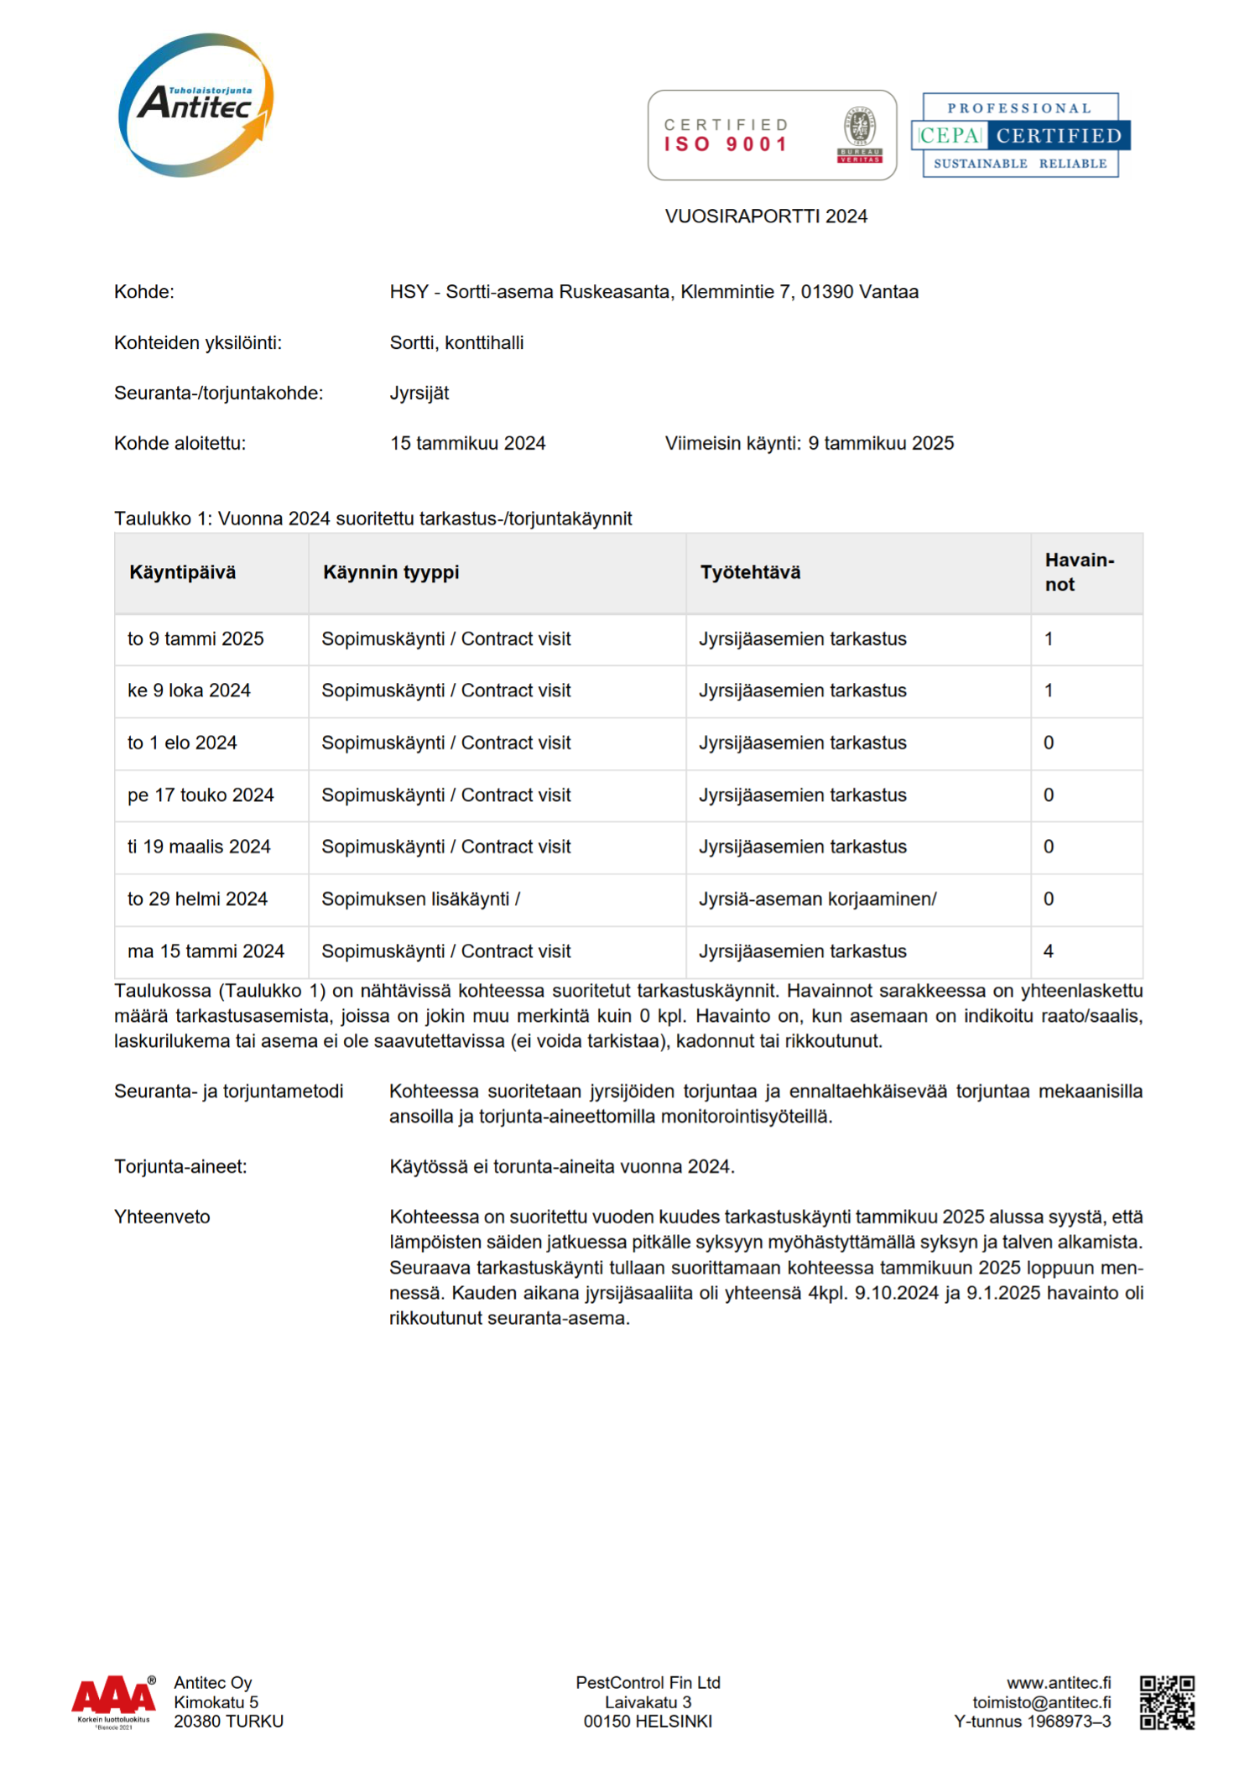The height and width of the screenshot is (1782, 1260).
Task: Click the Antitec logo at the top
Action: [x=195, y=105]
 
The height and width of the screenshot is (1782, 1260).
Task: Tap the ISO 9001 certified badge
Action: [x=772, y=135]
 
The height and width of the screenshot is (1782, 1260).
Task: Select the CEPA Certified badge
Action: [x=1021, y=135]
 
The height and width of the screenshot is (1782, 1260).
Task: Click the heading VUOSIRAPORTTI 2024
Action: [x=766, y=216]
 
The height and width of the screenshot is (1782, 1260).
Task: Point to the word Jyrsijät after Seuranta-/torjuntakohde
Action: [x=419, y=393]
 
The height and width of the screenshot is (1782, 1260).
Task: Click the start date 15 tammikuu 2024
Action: [x=467, y=443]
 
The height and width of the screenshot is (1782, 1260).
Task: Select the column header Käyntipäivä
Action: [x=182, y=572]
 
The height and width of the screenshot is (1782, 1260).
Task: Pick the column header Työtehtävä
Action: [x=750, y=572]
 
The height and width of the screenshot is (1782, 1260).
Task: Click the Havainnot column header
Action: [x=1079, y=572]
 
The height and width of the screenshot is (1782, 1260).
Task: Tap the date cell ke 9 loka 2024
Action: [x=189, y=690]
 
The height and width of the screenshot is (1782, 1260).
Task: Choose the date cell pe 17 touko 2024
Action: [x=200, y=795]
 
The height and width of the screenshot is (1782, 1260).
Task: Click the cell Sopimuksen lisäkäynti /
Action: [x=420, y=899]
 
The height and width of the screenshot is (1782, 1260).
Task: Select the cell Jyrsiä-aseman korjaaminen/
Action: [x=817, y=899]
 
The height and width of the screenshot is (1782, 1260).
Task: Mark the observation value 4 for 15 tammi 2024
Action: [x=1048, y=951]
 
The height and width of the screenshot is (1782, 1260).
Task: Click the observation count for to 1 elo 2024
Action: [x=1048, y=742]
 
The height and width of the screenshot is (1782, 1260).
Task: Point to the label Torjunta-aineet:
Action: [x=180, y=1166]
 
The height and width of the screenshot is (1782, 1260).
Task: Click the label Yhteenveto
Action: [x=162, y=1217]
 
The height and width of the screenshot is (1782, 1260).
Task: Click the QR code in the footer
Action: [x=1167, y=1702]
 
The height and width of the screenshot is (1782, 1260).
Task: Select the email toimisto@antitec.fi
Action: [x=1041, y=1702]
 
